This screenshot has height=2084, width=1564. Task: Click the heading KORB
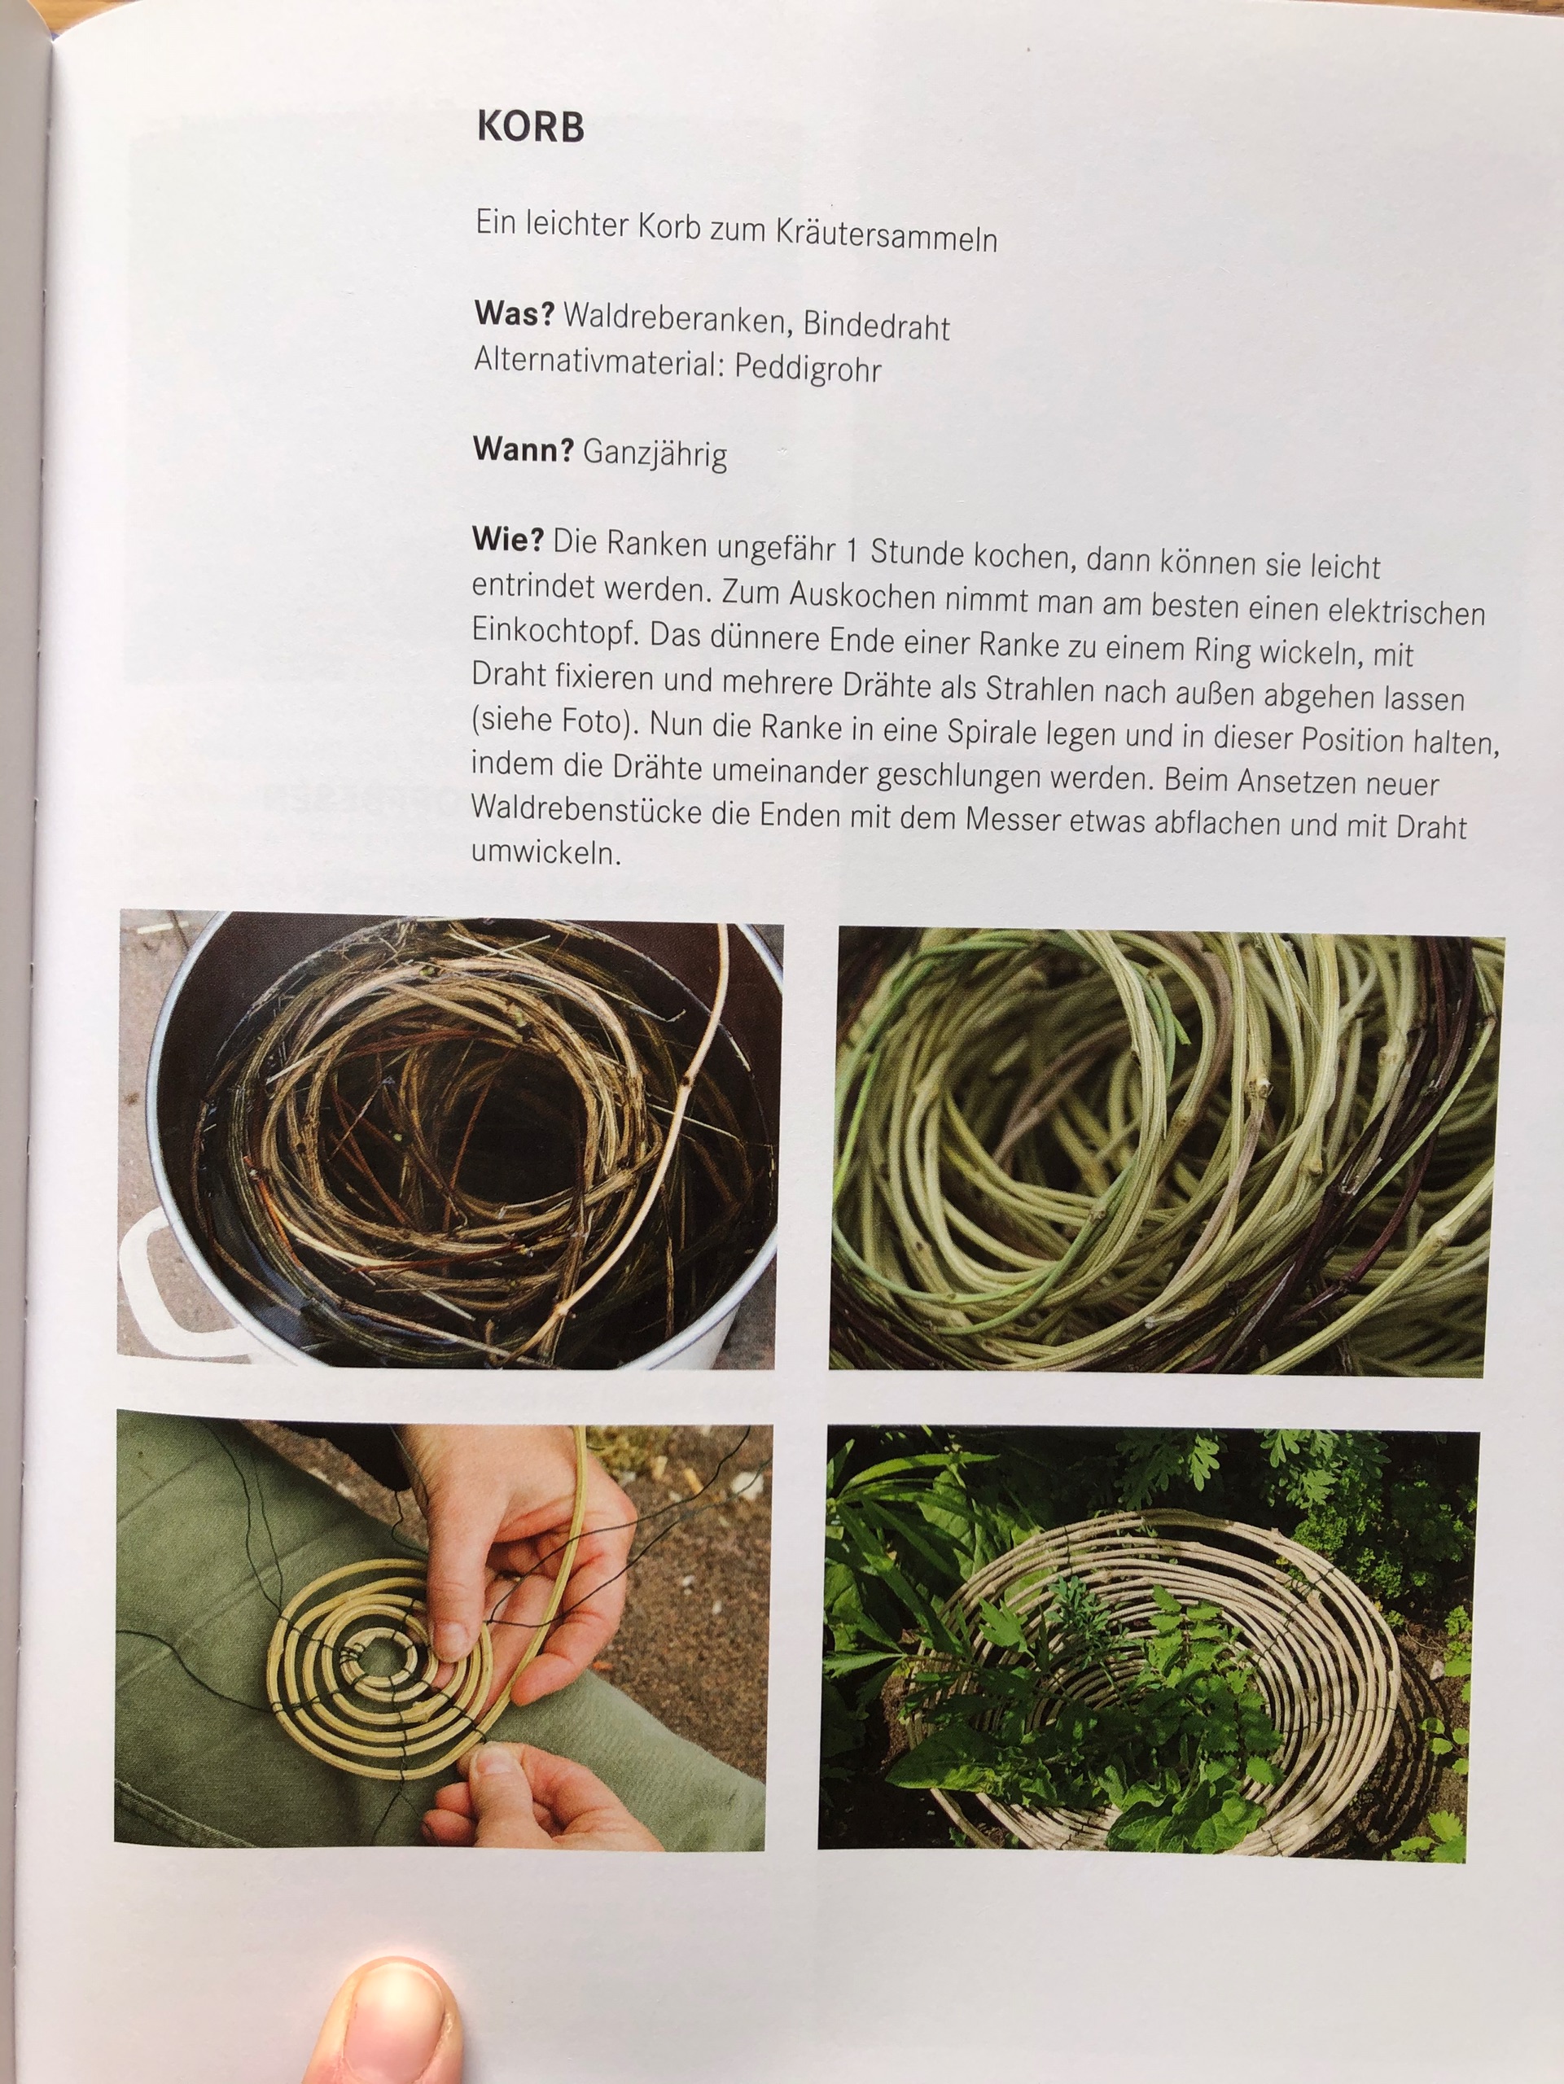tap(531, 127)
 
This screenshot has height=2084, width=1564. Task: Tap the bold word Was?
tap(515, 313)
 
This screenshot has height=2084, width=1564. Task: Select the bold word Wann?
tap(524, 449)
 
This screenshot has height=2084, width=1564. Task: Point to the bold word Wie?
tap(508, 539)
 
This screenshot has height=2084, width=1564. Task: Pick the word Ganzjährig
tap(655, 454)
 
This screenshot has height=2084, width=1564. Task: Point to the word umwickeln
tap(546, 852)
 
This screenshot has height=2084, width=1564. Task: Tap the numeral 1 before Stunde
tap(852, 549)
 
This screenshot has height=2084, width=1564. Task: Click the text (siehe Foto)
tap(550, 720)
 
